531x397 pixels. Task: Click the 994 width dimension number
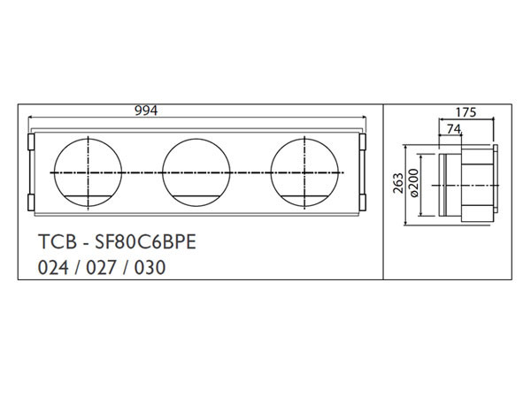[146, 111]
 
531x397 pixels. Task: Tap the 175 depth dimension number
[467, 112]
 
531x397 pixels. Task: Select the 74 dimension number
[452, 129]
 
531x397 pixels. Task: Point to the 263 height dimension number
[397, 184]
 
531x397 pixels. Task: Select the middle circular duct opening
[196, 170]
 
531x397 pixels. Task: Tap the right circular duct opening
[306, 170]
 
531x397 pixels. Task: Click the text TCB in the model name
[55, 240]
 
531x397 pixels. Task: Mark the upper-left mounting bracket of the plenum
[30, 142]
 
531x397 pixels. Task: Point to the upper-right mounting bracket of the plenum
[362, 142]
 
